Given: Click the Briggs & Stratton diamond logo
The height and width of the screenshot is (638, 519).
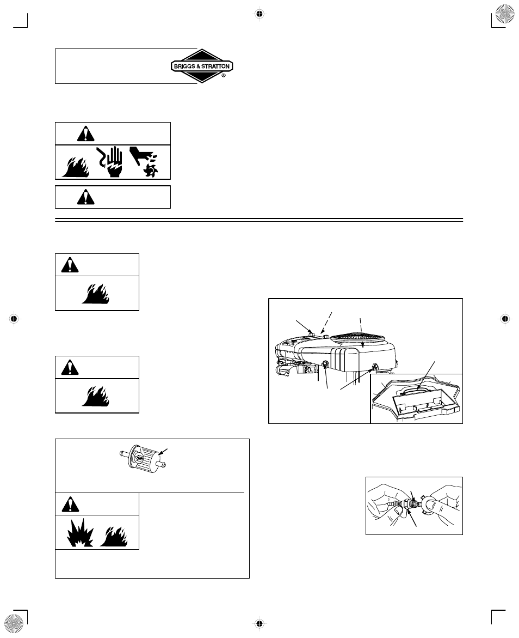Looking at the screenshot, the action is tap(202, 66).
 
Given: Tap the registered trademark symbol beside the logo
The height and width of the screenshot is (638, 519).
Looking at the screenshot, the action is tap(224, 75).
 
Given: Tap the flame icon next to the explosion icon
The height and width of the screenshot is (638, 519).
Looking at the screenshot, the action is tap(114, 536).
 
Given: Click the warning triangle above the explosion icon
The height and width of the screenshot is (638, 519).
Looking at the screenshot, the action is tap(70, 505).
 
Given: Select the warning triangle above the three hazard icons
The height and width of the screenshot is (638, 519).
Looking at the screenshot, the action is tap(85, 133).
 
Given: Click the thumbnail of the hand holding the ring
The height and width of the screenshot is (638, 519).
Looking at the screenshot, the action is tap(414, 506).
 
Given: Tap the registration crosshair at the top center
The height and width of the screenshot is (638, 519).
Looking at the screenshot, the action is tap(259, 14).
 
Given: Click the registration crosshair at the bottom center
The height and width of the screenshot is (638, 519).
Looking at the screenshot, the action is tap(259, 623).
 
